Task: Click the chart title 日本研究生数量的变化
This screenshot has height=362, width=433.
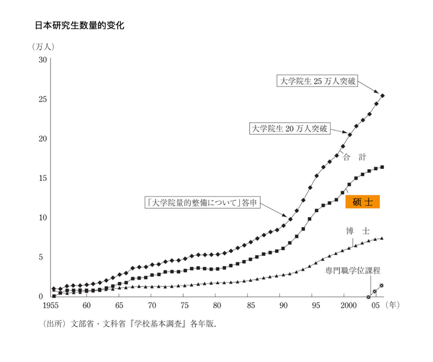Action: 79,26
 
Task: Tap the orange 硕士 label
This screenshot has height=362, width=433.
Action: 363,202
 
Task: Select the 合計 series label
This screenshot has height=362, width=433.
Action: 354,157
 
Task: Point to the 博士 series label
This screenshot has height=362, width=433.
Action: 357,231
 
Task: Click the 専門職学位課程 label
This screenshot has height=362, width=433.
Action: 352,271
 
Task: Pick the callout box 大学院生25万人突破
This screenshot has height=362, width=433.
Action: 318,81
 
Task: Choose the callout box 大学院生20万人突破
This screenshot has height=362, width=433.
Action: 290,128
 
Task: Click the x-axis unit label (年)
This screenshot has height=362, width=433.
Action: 393,305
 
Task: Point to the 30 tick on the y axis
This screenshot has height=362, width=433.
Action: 43,60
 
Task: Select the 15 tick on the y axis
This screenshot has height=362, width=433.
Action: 43,178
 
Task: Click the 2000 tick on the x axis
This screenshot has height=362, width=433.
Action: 346,305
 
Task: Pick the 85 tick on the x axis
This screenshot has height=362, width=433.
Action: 251,305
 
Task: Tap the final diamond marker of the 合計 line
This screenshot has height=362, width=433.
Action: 382,95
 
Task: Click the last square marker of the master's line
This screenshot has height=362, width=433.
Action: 382,167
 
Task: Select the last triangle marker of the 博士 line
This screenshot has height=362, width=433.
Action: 382,238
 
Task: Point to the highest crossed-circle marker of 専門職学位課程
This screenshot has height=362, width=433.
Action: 381,286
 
